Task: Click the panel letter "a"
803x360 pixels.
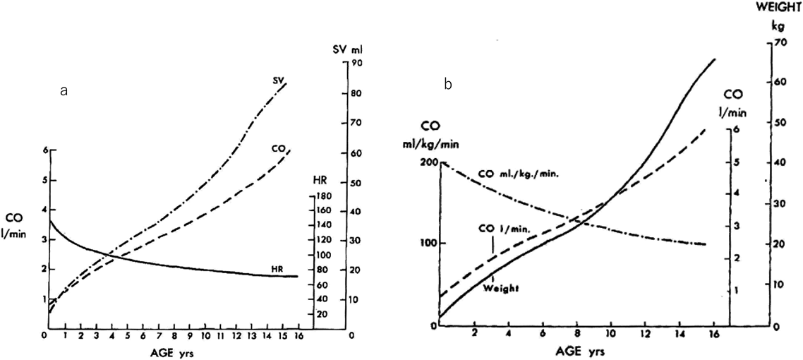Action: [x=64, y=91]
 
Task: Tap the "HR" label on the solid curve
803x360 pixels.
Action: [x=278, y=269]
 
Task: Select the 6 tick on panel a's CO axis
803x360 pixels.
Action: [x=44, y=151]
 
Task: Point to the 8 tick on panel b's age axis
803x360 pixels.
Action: [x=576, y=333]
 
